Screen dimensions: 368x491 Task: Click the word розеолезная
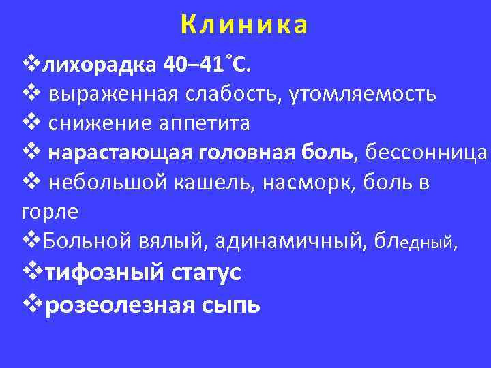click(x=123, y=304)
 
